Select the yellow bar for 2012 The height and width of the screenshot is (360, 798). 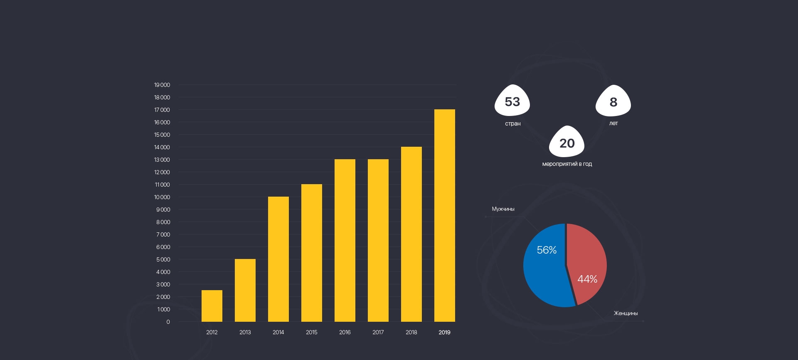(x=212, y=306)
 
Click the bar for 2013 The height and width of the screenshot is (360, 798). (x=245, y=290)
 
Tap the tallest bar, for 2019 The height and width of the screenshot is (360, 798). (x=445, y=215)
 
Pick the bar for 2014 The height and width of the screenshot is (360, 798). (x=278, y=259)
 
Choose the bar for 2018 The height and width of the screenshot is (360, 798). (x=411, y=234)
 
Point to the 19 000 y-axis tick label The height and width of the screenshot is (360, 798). (x=162, y=85)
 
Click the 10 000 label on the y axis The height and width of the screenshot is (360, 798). (x=162, y=197)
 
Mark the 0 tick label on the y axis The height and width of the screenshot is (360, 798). (x=168, y=322)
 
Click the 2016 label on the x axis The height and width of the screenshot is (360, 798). (x=345, y=332)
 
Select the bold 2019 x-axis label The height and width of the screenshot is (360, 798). (x=444, y=332)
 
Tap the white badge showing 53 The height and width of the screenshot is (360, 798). (x=512, y=101)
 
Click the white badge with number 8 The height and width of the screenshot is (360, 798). (x=613, y=101)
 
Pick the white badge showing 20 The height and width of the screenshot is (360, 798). (x=567, y=143)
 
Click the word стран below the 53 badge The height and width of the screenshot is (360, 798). (x=512, y=123)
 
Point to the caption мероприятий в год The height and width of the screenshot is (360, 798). (x=567, y=164)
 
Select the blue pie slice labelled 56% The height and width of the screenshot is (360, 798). (x=544, y=270)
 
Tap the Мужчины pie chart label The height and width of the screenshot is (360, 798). (x=503, y=209)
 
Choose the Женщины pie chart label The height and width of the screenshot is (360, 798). (x=626, y=313)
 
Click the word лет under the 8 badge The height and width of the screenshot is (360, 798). (x=613, y=123)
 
